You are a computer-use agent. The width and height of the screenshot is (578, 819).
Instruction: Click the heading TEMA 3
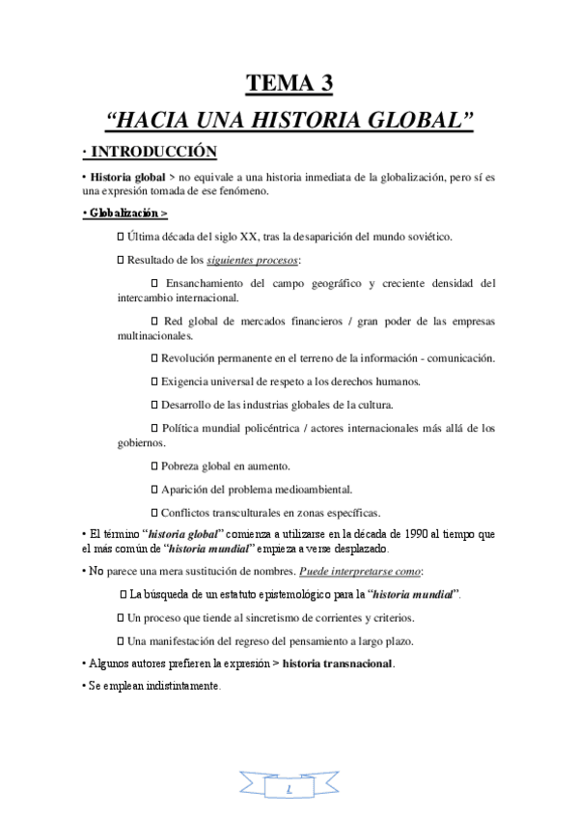point(289,84)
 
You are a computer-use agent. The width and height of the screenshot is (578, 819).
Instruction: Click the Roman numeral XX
point(243,237)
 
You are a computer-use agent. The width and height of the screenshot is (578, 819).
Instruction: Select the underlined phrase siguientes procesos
point(253,261)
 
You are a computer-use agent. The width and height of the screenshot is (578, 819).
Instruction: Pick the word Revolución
point(195,358)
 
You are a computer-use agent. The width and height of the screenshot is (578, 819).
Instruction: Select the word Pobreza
point(182,466)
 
